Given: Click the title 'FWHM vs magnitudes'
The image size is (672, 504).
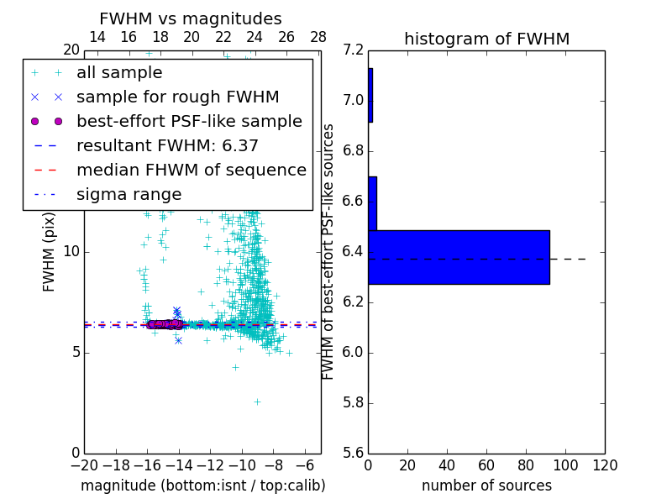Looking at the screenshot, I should point(191,19).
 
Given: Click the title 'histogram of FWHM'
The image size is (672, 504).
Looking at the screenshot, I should point(486,39).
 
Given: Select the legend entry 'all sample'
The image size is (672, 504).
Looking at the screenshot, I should point(119,73).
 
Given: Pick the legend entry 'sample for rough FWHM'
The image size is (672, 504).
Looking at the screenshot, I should point(177,97).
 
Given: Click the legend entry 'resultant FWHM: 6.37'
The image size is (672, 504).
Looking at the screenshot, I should point(167,145).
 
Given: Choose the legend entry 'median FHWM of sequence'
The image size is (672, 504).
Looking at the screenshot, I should point(191,170).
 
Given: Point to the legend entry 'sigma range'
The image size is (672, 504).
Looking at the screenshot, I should point(129,194).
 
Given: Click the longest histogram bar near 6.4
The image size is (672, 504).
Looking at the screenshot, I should point(459,257).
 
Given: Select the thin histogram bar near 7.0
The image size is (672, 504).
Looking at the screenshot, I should point(370,95).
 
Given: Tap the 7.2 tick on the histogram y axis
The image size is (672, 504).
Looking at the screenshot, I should point(354,51).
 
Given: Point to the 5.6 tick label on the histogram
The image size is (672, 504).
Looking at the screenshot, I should point(354,453).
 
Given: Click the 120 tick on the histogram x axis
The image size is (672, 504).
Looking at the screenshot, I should point(604,465).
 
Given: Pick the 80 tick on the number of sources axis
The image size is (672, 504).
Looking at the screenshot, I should point(526,465).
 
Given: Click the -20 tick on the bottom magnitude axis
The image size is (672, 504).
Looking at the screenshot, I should point(84,465).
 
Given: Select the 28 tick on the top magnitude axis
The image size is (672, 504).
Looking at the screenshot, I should point(318,37).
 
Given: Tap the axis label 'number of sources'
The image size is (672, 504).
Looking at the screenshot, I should point(486,486).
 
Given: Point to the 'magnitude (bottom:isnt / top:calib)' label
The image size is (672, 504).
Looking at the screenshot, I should point(202,486).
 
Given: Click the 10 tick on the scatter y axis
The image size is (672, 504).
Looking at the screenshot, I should point(71,252).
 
